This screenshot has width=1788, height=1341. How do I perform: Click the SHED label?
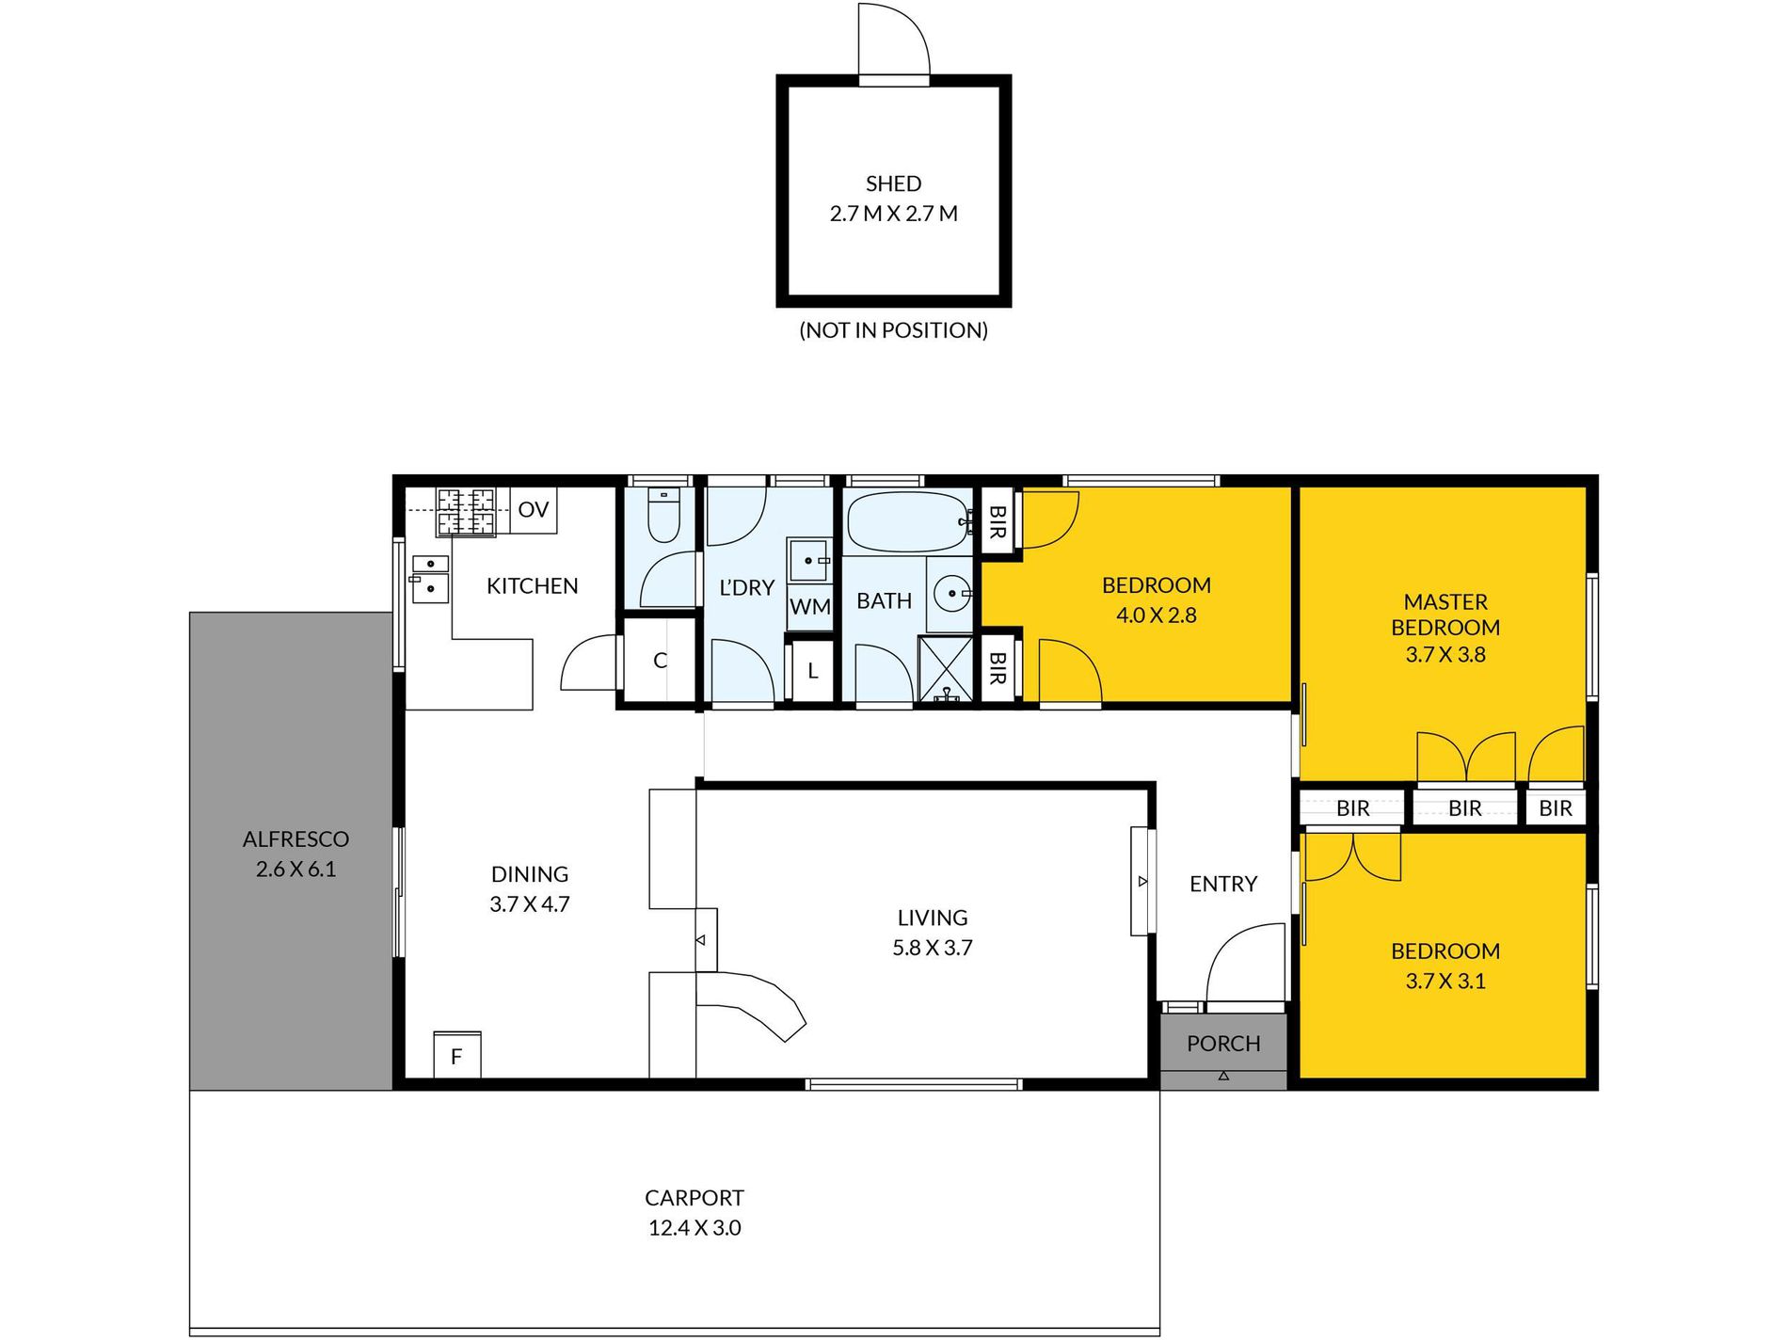[893, 184]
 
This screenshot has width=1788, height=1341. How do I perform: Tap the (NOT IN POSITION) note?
[893, 330]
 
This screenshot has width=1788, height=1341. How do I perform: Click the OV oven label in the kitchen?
[534, 510]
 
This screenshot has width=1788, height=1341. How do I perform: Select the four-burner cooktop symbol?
[466, 513]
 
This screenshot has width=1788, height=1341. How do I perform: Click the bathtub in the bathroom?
[908, 521]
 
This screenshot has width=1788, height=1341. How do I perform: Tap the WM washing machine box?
[810, 607]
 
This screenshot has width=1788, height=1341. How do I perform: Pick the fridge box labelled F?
[457, 1055]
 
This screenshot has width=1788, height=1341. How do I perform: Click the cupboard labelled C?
[660, 660]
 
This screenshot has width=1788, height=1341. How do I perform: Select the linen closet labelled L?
[813, 671]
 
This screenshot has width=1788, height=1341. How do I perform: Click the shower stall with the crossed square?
[946, 669]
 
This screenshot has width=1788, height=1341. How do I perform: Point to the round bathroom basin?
[952, 594]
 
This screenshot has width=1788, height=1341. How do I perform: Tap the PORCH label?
[1223, 1044]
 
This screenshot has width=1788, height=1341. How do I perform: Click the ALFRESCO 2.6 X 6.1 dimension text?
[295, 870]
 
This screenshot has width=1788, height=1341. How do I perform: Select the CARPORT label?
[694, 1198]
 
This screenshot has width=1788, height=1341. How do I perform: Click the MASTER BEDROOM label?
[1445, 615]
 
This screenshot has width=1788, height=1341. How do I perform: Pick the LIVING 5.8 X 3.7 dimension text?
[933, 948]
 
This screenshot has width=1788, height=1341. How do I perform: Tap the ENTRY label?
[1223, 884]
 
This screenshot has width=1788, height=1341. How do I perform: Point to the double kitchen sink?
[431, 579]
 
